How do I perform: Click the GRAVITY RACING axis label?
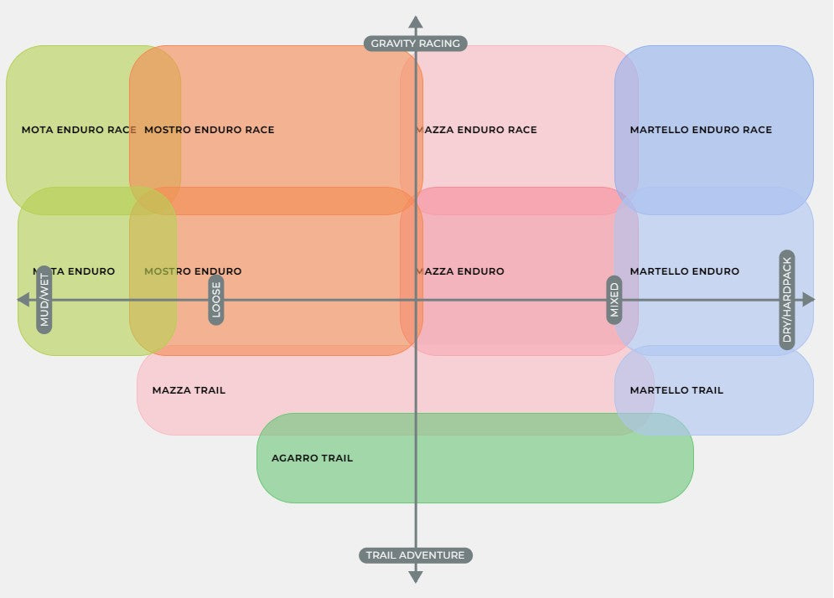coord(415,43)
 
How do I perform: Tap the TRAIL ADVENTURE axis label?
coord(415,555)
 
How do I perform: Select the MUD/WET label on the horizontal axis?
coord(44,300)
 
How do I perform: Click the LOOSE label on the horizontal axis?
coord(215,300)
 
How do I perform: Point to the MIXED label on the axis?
coord(614,300)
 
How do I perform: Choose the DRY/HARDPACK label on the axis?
coord(786,300)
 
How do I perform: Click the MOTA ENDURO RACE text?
coord(79,130)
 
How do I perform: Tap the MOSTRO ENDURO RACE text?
coord(210,130)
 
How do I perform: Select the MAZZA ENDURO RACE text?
coord(476,130)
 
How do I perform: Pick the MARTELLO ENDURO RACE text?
coord(701,130)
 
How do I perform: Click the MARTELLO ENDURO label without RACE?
coord(684,271)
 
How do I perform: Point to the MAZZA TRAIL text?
coord(189,390)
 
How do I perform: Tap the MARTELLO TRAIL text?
coord(676,390)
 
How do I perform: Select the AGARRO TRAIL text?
coord(312,458)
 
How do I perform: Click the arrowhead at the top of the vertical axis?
coord(415,22)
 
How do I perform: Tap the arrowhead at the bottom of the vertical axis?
coord(415,576)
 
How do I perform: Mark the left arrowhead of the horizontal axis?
coord(23,300)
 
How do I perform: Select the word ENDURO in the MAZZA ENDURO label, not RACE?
coord(481,271)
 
